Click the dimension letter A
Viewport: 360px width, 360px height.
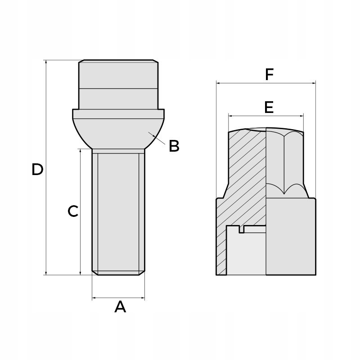click(x=120, y=307)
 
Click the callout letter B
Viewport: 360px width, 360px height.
click(x=174, y=146)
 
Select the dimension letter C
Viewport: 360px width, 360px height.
click(x=73, y=211)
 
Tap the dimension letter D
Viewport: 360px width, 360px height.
click(x=37, y=170)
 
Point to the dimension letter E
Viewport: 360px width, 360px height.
click(x=269, y=107)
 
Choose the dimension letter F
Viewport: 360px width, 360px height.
click(x=269, y=75)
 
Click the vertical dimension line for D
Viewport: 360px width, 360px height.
click(x=46, y=202)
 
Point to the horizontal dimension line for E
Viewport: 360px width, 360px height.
click(x=247, y=116)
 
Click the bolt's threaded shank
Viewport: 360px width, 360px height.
click(x=118, y=211)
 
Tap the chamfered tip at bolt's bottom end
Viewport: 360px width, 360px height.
click(x=118, y=273)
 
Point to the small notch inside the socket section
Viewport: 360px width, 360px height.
click(x=242, y=229)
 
